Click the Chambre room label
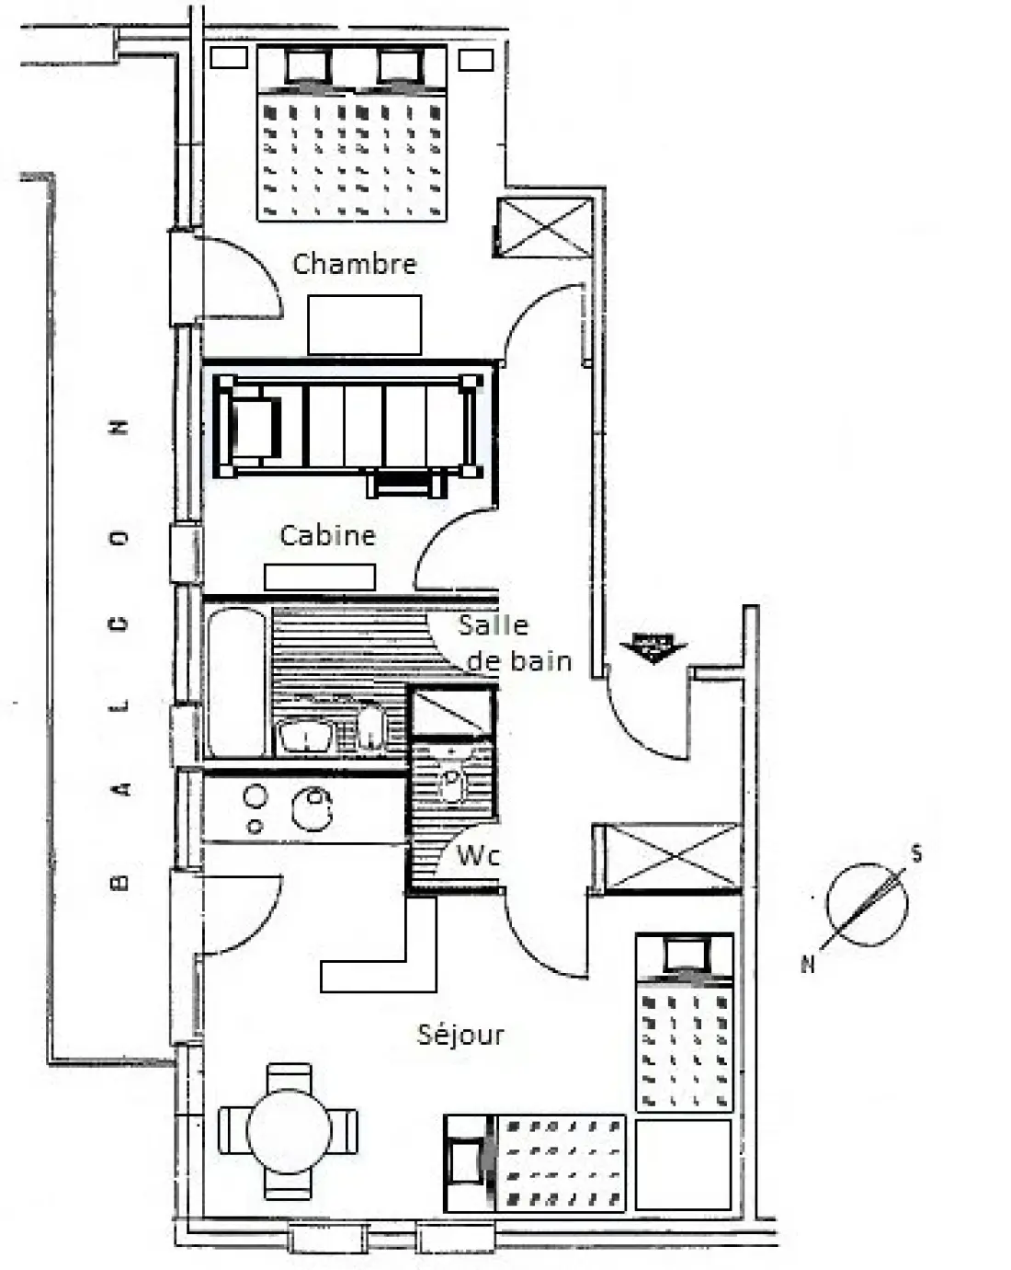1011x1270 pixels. click(355, 264)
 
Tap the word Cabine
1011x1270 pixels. click(328, 535)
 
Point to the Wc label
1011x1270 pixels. click(478, 855)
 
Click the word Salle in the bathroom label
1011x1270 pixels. click(494, 625)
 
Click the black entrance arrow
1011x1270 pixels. click(653, 647)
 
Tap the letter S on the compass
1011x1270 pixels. click(916, 854)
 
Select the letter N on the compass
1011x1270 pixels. click(808, 965)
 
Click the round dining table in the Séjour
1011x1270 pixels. click(289, 1131)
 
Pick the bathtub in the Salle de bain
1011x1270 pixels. click(236, 681)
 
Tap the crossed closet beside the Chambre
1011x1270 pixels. click(544, 227)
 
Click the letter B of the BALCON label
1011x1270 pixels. click(119, 882)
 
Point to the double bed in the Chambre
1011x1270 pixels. click(351, 133)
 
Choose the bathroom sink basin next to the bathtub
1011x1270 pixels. click(305, 736)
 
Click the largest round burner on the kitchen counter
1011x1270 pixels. click(312, 808)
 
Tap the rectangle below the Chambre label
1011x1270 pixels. click(365, 325)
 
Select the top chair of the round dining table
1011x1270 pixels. click(289, 1078)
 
